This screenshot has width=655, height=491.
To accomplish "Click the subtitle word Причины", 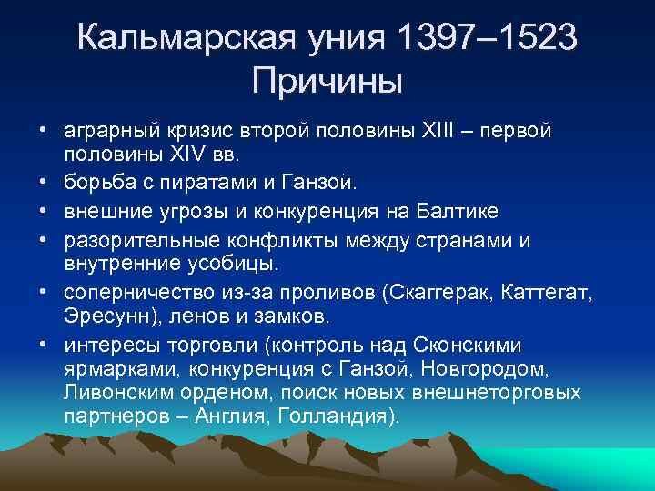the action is click(327, 82).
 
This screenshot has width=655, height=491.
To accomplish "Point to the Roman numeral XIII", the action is click(438, 130).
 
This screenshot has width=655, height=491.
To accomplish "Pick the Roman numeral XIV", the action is click(188, 154).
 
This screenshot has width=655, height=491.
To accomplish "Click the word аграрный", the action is click(112, 131).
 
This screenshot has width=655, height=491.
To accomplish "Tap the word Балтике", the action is click(457, 211).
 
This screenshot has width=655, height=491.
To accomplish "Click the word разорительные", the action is click(142, 241).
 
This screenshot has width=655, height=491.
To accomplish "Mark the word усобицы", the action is click(233, 265).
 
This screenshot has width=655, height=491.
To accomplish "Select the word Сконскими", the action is click(467, 346).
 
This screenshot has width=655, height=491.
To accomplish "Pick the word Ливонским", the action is click(118, 393).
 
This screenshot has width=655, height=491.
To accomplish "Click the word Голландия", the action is click(338, 416).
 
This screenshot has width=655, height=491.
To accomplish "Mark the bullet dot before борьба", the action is click(42, 182).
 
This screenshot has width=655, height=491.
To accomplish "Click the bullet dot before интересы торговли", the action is click(42, 345).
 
